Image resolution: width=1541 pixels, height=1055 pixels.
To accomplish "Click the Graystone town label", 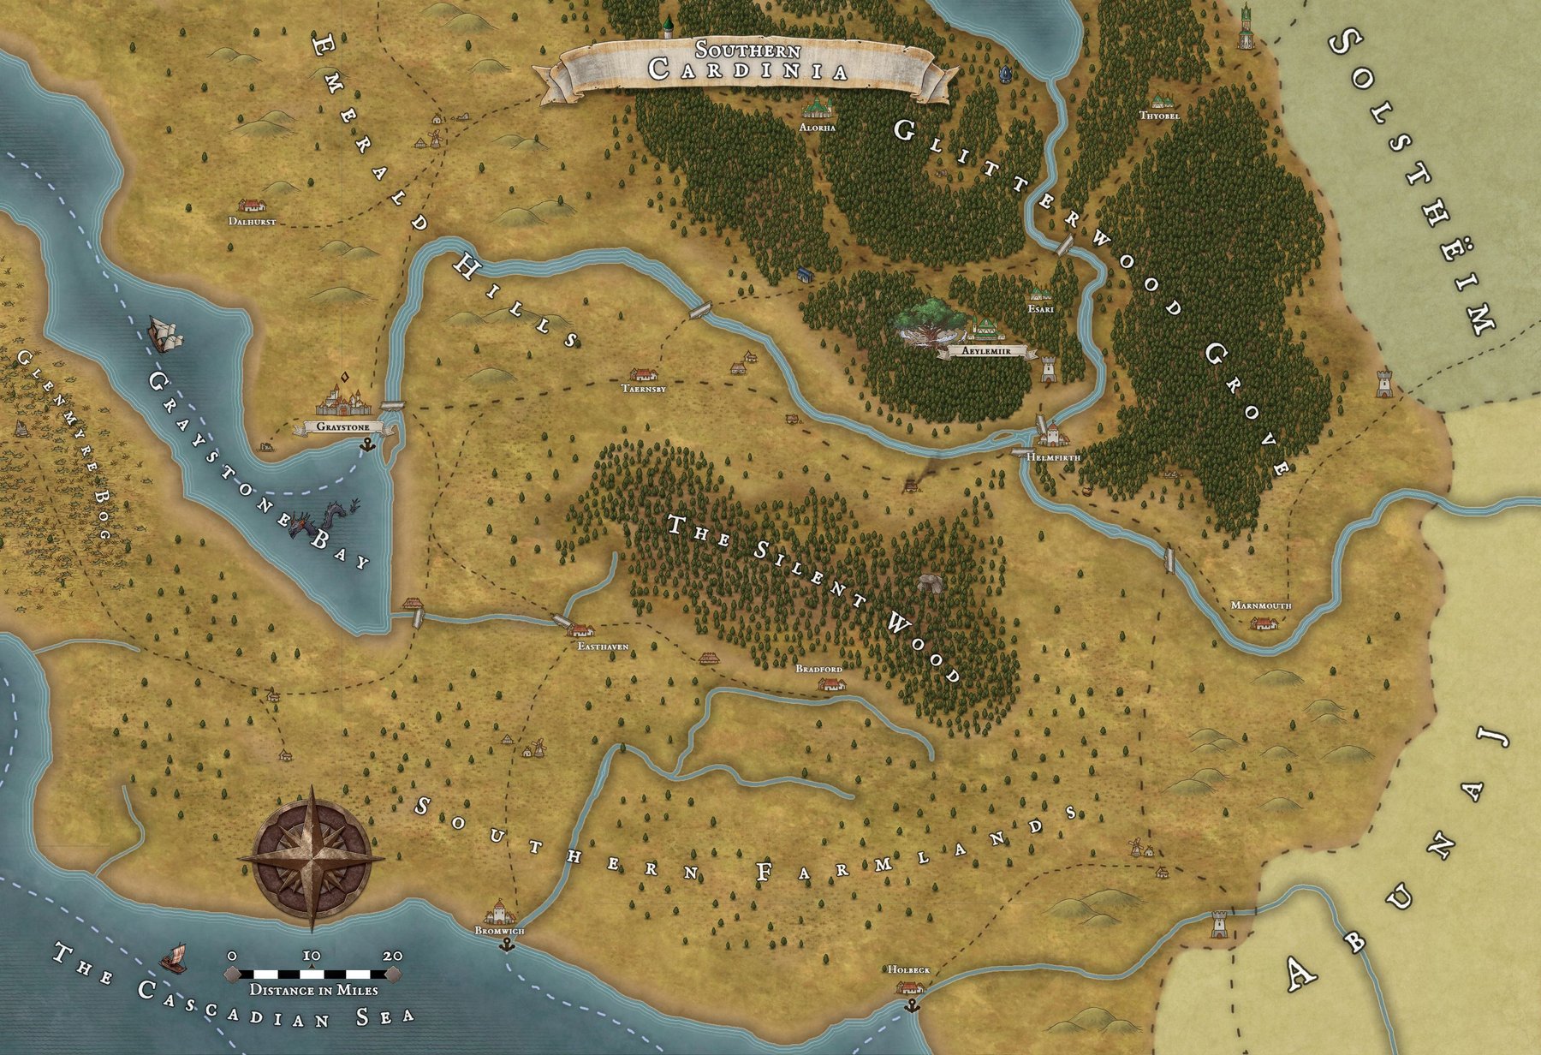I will coord(342,426).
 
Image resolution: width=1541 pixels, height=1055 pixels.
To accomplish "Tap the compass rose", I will coord(312,858).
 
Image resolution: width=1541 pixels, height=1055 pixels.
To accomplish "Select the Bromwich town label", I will coord(499,931).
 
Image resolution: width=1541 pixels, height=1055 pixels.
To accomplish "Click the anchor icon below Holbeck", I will coord(911,1004).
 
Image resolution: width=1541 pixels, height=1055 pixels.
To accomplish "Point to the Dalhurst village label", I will coord(253,222).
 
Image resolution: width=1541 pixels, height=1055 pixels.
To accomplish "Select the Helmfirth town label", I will coord(1053,458).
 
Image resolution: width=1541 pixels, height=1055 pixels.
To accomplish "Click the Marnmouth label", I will coord(1260,605).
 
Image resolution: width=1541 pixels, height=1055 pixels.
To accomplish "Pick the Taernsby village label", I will coord(644,389).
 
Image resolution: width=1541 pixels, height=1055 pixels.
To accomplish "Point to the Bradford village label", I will coord(819,669).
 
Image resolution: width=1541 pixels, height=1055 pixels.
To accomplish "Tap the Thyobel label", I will coord(1159,116).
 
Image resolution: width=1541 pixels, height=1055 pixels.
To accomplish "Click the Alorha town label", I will coord(817,128).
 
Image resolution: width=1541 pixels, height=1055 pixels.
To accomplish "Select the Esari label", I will coord(1040,308).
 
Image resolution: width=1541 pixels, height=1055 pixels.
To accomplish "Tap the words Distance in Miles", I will coord(313,990).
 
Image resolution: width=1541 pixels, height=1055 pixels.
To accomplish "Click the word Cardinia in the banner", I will coord(748,70).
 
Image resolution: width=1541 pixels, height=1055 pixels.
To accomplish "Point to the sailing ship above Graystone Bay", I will coord(166,333).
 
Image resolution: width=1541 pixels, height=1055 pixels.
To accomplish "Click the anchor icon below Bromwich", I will coord(507,945).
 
